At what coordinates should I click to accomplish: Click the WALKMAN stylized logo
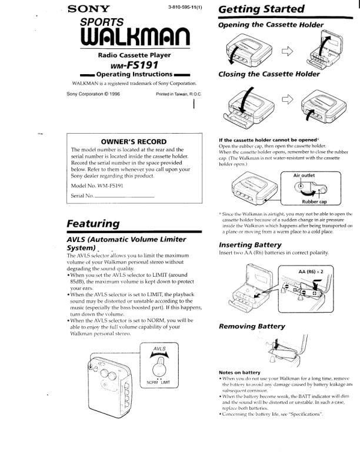(129, 39)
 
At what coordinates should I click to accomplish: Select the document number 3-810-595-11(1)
(185, 8)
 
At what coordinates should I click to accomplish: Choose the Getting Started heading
(261, 10)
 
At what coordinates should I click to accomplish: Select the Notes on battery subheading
(239, 372)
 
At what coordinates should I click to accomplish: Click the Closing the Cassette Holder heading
(269, 74)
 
